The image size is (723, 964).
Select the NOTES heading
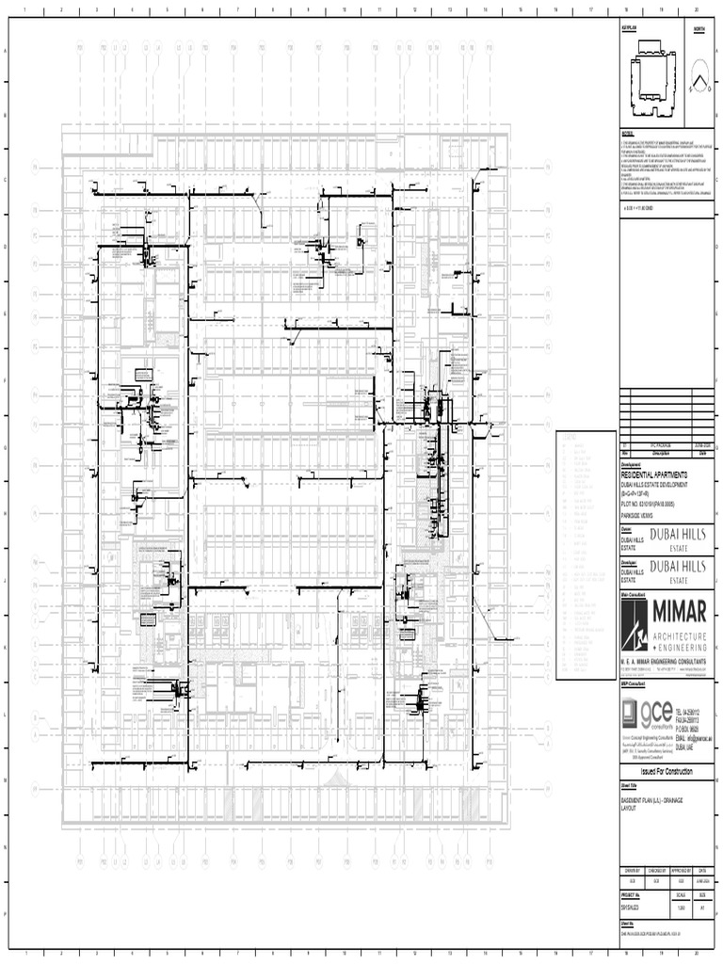point(628,133)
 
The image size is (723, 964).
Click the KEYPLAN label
point(629,30)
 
